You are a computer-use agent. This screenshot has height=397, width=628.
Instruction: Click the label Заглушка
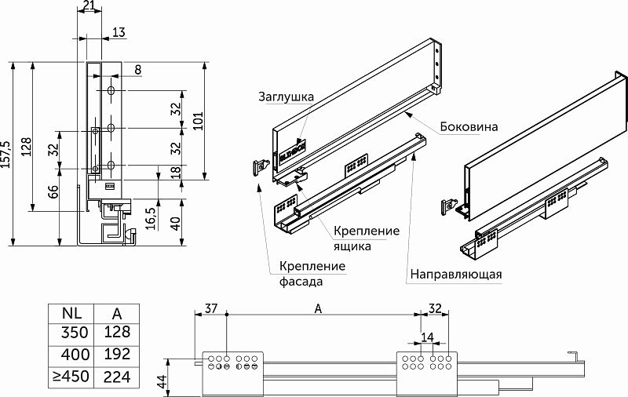click(287, 97)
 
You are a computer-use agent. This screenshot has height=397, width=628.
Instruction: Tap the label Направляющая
click(455, 275)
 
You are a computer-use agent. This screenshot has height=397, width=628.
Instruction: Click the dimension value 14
click(426, 337)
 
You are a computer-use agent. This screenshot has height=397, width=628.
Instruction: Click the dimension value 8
click(137, 71)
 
